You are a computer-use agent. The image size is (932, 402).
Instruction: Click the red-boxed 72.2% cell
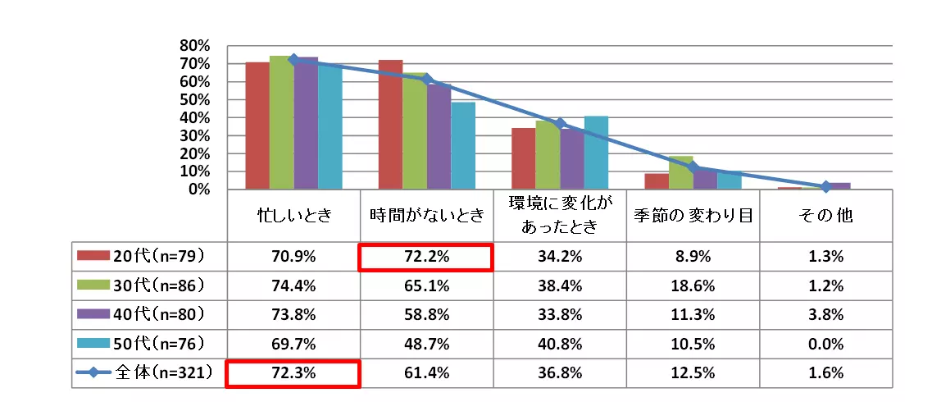425,257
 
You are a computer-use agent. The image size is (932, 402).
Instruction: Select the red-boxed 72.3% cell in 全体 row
293,372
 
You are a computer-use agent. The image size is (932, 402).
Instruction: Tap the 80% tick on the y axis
196,45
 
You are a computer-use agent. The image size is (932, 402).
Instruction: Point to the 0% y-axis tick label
200,190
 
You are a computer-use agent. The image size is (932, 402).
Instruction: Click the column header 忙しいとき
293,217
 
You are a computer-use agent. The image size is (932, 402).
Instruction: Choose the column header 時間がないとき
425,217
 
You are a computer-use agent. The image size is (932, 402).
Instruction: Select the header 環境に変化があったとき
559,217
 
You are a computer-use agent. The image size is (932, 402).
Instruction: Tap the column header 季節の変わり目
693,217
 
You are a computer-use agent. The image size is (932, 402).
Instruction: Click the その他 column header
825,217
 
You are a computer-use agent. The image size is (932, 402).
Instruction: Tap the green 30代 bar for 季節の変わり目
680,172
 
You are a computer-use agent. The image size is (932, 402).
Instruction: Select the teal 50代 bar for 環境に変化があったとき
596,153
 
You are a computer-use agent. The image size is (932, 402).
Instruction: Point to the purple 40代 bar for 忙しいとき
306,123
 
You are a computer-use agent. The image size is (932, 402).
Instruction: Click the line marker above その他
825,187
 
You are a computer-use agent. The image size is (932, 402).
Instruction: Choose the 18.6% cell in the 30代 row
693,286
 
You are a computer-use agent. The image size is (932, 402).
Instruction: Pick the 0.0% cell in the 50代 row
825,343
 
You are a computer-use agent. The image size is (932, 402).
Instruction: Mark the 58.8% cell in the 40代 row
425,314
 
